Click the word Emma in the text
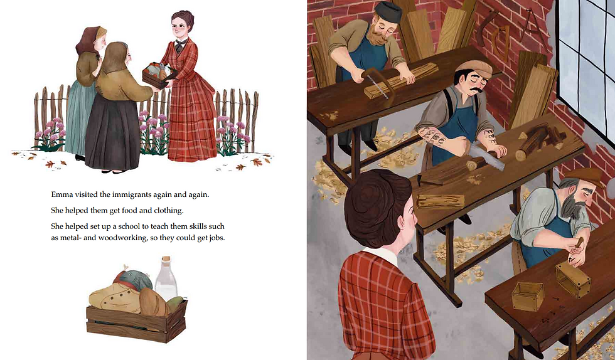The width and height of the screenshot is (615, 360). pyautogui.click(x=63, y=195)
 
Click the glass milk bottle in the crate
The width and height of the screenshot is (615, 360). pyautogui.click(x=166, y=282)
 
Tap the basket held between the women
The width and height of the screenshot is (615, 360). pyautogui.click(x=158, y=75)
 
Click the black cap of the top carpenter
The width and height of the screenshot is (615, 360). pyautogui.click(x=388, y=11)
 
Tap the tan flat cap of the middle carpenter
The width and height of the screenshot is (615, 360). pyautogui.click(x=473, y=66)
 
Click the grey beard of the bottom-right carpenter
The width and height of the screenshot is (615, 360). pyautogui.click(x=570, y=205)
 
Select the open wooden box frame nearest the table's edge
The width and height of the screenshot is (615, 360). pyautogui.click(x=527, y=295)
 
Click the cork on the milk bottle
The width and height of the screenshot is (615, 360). pyautogui.click(x=167, y=260)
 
